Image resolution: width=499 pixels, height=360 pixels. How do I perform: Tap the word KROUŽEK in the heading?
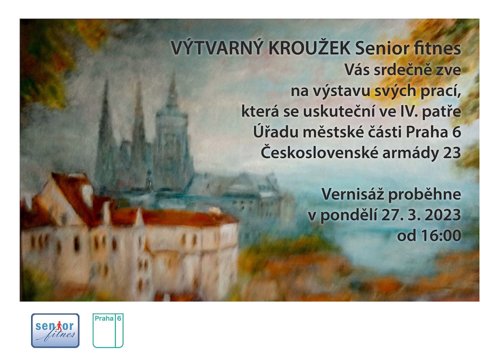click(310, 48)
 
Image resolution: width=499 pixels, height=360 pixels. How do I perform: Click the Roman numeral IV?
click(409, 111)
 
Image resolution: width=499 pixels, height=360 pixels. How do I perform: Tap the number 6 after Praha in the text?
click(457, 132)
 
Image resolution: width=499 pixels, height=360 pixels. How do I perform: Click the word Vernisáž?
click(353, 194)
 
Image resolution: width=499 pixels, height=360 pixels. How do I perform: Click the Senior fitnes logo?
click(55, 331)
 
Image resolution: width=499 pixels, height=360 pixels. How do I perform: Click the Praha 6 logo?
click(108, 330)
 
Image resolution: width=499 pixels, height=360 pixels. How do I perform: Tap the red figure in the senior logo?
click(59, 326)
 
